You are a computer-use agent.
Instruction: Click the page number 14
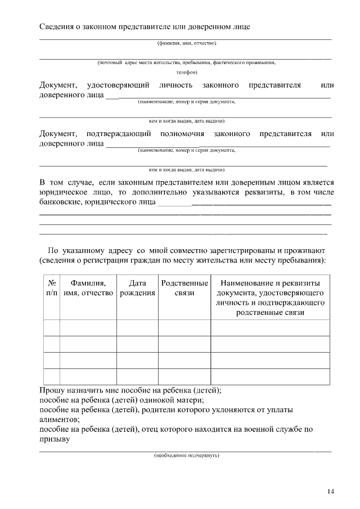[x=330, y=492]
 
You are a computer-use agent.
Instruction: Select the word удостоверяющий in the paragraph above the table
[x=118, y=85]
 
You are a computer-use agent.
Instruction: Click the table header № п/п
[x=51, y=288]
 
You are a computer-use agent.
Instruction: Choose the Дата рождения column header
[x=137, y=288]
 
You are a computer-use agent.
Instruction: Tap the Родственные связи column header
[x=184, y=288]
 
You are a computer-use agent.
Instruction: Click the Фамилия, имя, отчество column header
[x=88, y=288]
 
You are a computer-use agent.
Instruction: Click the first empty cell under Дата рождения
[x=137, y=327]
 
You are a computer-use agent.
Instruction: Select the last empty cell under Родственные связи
[x=184, y=376]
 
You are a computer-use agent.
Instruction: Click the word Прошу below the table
[x=52, y=390]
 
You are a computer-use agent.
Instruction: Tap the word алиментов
[x=58, y=420]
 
